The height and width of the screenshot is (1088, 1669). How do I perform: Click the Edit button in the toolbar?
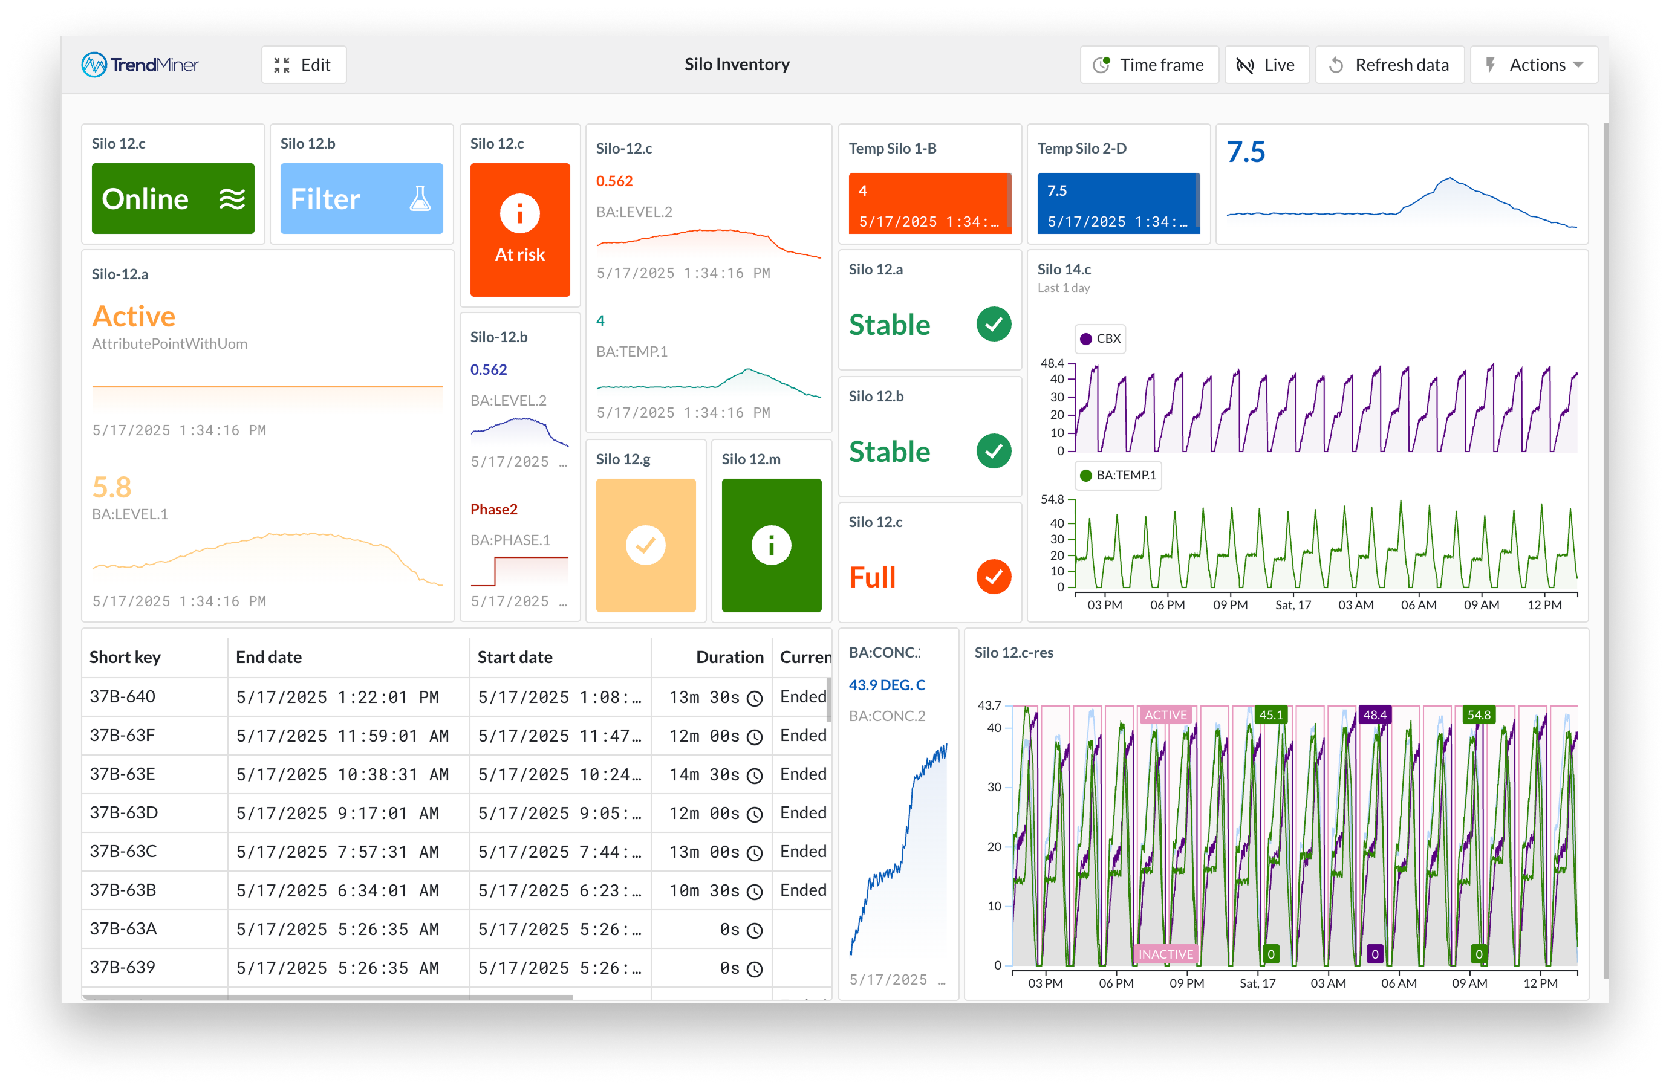(x=303, y=65)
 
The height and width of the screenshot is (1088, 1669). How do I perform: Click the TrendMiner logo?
(x=140, y=65)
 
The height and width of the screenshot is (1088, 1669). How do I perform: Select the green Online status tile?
(x=172, y=198)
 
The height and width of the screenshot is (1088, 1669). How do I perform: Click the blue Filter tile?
(x=361, y=198)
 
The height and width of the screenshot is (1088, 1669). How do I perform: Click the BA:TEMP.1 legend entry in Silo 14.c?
(x=1118, y=475)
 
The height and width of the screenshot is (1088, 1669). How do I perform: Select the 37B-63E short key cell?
(x=123, y=774)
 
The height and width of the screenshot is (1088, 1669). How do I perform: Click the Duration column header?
(x=729, y=657)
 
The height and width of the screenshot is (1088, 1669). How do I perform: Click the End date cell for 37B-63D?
(x=337, y=813)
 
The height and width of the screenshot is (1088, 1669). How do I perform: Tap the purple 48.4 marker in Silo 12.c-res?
(x=1374, y=715)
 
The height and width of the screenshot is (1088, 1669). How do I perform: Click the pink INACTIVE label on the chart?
(x=1165, y=954)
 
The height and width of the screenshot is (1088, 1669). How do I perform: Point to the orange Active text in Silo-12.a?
(x=134, y=317)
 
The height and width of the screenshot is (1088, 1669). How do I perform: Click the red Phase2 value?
(x=493, y=509)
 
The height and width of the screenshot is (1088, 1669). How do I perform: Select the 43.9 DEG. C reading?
(x=887, y=685)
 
